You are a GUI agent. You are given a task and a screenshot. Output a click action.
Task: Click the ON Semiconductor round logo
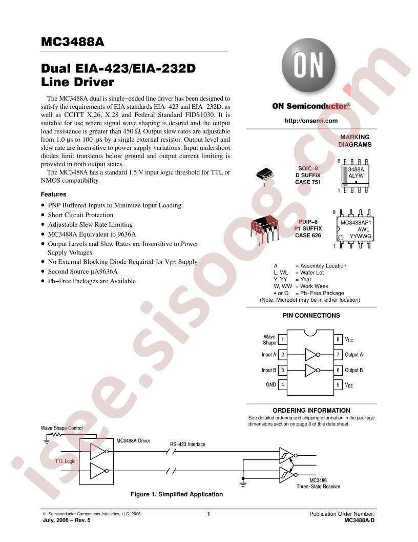click(x=308, y=65)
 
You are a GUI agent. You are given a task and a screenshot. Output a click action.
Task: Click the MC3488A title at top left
click(x=72, y=42)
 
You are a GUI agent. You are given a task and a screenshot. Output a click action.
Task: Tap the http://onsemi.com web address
click(x=311, y=121)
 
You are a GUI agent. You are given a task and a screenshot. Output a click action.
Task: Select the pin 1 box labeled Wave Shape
click(x=282, y=339)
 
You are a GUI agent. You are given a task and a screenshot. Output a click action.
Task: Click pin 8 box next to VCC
click(x=338, y=339)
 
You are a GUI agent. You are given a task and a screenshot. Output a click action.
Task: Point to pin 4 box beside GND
click(x=282, y=384)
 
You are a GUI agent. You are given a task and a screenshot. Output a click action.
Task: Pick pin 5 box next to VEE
click(x=338, y=384)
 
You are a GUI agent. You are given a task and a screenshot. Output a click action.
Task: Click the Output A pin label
click(x=354, y=355)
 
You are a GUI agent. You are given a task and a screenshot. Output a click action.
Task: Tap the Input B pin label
click(x=268, y=370)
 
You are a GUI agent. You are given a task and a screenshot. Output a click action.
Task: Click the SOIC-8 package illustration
click(x=265, y=174)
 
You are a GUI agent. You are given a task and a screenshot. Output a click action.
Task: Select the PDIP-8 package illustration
click(x=264, y=228)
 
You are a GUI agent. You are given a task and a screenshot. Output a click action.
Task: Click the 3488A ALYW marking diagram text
click(x=356, y=172)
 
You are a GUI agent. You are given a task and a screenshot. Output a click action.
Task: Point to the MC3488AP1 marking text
click(x=356, y=223)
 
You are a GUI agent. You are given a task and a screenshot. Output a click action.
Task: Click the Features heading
click(x=53, y=194)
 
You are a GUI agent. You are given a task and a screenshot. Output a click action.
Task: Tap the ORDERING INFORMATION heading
click(x=311, y=410)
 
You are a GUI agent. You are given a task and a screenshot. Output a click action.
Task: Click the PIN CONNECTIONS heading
click(x=311, y=315)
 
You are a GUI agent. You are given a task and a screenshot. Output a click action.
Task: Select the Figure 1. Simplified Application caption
click(x=177, y=494)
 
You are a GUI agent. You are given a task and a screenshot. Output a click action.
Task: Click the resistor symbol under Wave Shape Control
click(x=56, y=435)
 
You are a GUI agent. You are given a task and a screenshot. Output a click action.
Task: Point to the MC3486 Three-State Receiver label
click(x=318, y=483)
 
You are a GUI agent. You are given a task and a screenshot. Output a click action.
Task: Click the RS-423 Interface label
click(x=187, y=444)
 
